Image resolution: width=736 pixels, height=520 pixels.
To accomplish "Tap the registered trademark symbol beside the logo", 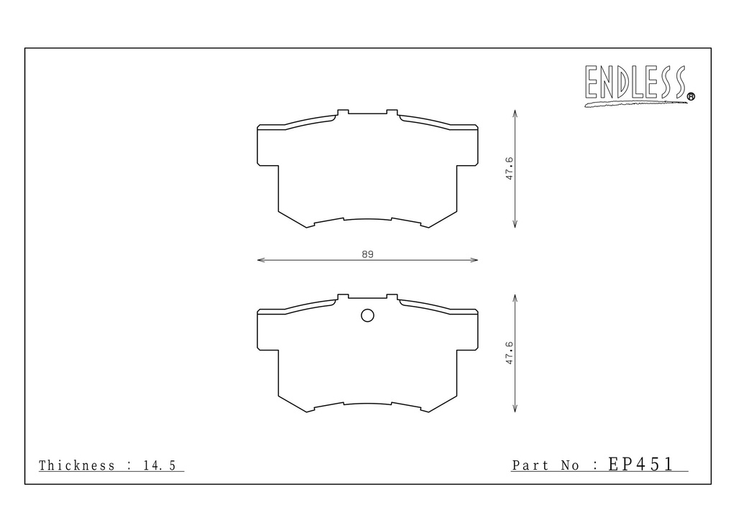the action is tap(691, 96).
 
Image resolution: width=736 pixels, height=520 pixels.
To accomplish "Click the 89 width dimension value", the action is tap(367, 254).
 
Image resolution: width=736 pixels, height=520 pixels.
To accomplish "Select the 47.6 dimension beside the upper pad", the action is tap(510, 169).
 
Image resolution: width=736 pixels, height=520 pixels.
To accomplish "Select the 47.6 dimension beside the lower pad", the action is tap(510, 353).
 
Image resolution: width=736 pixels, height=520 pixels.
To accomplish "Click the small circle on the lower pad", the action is tap(367, 315).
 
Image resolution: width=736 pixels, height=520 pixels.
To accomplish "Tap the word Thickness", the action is tap(76, 465).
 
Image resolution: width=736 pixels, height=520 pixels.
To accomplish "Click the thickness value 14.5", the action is tap(160, 465).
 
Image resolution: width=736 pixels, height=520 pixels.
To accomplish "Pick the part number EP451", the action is tap(640, 464).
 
